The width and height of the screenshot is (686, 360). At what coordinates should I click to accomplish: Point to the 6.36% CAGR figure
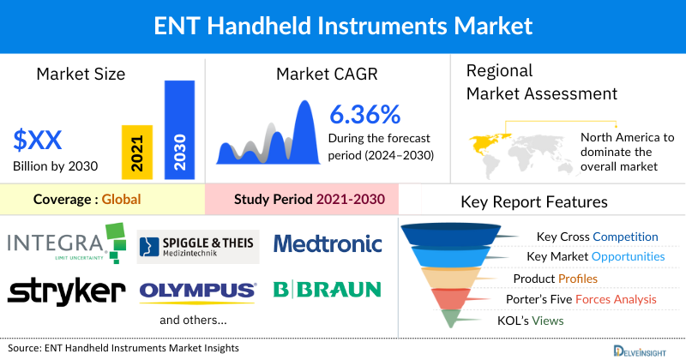pyautogui.click(x=364, y=113)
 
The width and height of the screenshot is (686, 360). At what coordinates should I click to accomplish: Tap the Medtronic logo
pyautogui.click(x=328, y=243)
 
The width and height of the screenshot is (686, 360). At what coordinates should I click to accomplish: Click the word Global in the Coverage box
pyautogui.click(x=121, y=200)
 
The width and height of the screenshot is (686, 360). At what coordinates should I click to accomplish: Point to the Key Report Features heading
pyautogui.click(x=534, y=202)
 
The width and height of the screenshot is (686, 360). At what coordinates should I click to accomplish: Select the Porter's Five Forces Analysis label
pyautogui.click(x=584, y=299)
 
